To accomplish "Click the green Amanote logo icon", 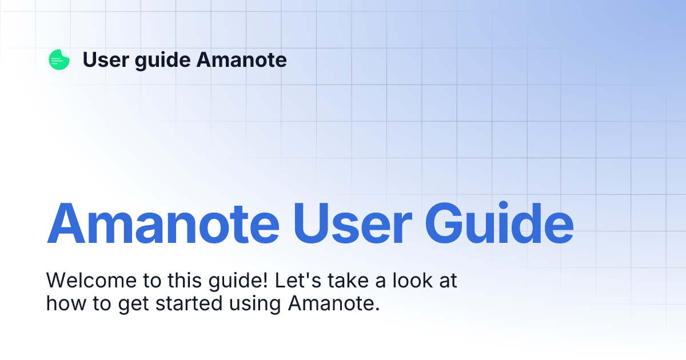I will [x=59, y=59].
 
